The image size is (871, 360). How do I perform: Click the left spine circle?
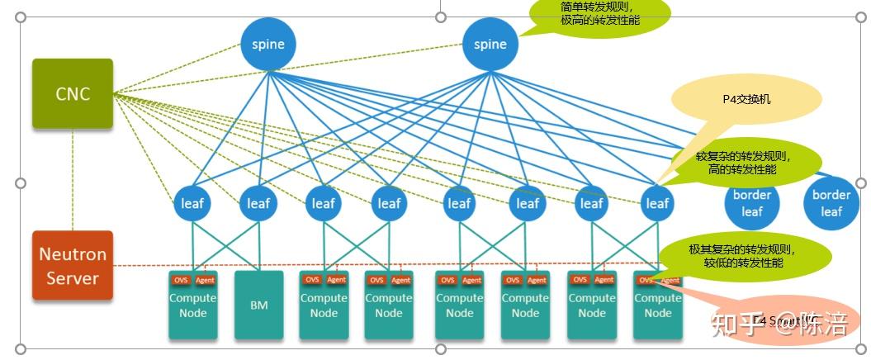pyautogui.click(x=268, y=44)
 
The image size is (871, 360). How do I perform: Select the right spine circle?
pyautogui.click(x=490, y=44)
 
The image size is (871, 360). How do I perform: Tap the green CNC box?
pyautogui.click(x=73, y=94)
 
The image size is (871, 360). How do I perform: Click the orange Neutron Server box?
pyautogui.click(x=73, y=265)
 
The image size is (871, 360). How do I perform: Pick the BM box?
pyautogui.click(x=259, y=306)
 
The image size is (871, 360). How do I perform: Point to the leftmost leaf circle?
pyautogui.click(x=192, y=203)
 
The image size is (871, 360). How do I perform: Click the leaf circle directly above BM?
pyautogui.click(x=259, y=203)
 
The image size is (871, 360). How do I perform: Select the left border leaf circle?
pyautogui.click(x=751, y=203)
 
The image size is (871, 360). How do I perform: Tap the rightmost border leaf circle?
pyautogui.click(x=831, y=203)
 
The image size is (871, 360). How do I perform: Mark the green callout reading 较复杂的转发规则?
pyautogui.click(x=743, y=163)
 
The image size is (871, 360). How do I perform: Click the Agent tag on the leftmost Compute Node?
pyautogui.click(x=205, y=280)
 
